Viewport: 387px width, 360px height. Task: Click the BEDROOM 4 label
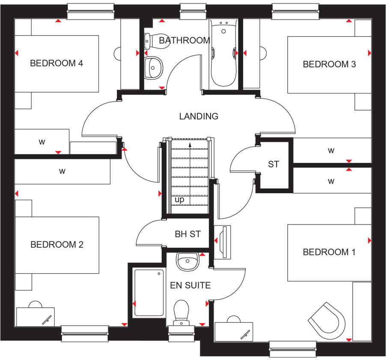point(57,63)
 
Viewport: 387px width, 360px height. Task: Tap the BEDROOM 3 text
point(329,64)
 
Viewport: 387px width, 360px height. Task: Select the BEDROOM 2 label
point(57,245)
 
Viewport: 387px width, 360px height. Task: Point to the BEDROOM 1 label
point(329,252)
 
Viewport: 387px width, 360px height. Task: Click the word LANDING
point(199,116)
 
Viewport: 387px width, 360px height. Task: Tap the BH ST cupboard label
point(188,234)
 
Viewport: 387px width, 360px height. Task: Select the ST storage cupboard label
point(274,164)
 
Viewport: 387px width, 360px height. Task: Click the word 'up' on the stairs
point(179,200)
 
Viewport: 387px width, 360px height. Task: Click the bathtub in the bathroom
point(223,54)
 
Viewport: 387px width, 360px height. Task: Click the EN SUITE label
point(190,285)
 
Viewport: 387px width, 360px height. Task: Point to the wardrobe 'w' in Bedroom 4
point(42,142)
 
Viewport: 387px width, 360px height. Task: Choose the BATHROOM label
point(185,40)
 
